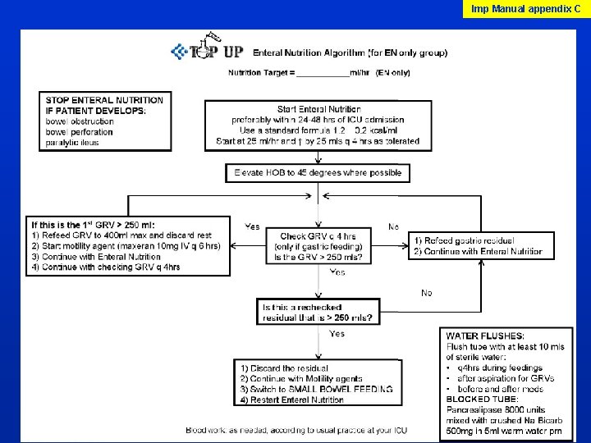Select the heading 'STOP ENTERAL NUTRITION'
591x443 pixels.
[x=104, y=100]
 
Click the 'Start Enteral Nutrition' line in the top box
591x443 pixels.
[x=318, y=109]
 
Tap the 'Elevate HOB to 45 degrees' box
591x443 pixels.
[x=318, y=173]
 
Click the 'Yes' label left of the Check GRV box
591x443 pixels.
[x=253, y=226]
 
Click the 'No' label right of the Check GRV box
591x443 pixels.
[x=394, y=226]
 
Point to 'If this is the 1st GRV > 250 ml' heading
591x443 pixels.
[x=92, y=225]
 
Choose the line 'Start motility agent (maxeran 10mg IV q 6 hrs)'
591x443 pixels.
[x=126, y=246]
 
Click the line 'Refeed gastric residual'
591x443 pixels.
[x=465, y=240]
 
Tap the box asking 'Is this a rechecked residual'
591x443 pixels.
[x=318, y=313]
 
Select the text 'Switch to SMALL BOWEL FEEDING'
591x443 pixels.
[x=316, y=389]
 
